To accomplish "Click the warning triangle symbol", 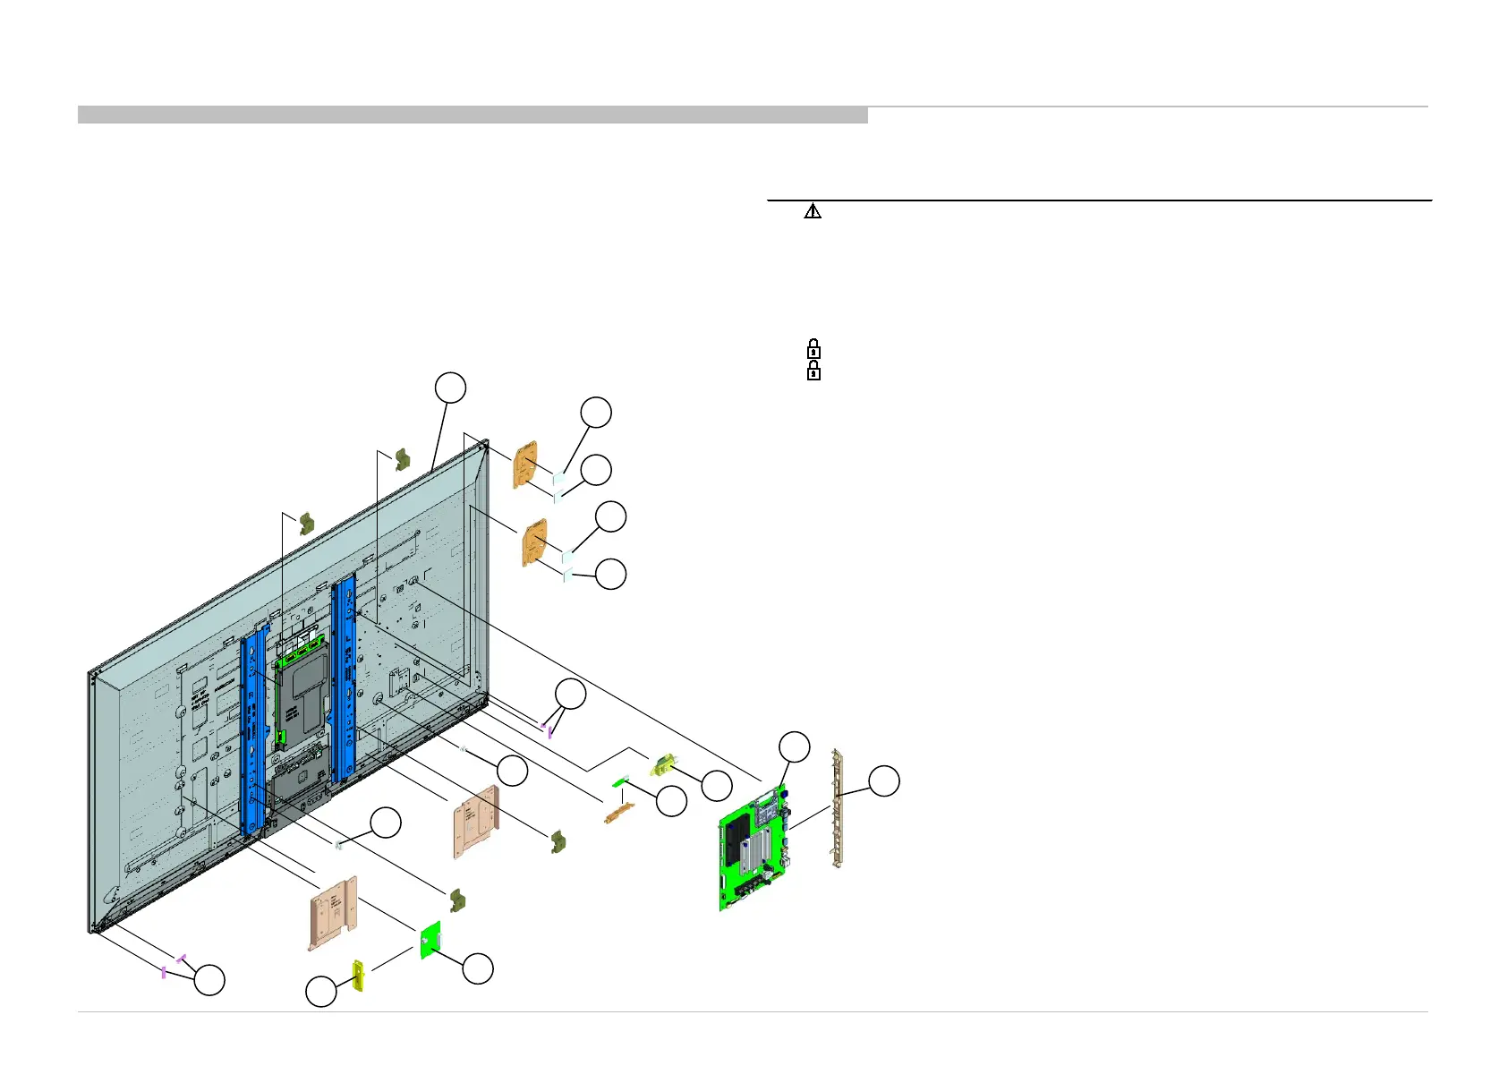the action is click(x=813, y=211).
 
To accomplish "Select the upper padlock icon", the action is click(x=813, y=348).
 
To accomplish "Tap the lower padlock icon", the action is click(x=813, y=371).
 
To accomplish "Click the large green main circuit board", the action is click(x=753, y=850).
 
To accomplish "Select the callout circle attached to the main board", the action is click(x=795, y=747).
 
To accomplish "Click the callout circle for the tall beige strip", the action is click(x=884, y=780).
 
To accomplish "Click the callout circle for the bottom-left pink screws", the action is click(x=210, y=980).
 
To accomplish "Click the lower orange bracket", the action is click(x=534, y=542).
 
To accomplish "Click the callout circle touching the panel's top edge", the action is click(x=450, y=388).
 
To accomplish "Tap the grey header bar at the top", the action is click(x=473, y=115).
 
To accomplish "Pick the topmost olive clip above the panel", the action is click(x=402, y=459).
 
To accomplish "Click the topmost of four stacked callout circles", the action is click(x=596, y=413).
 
